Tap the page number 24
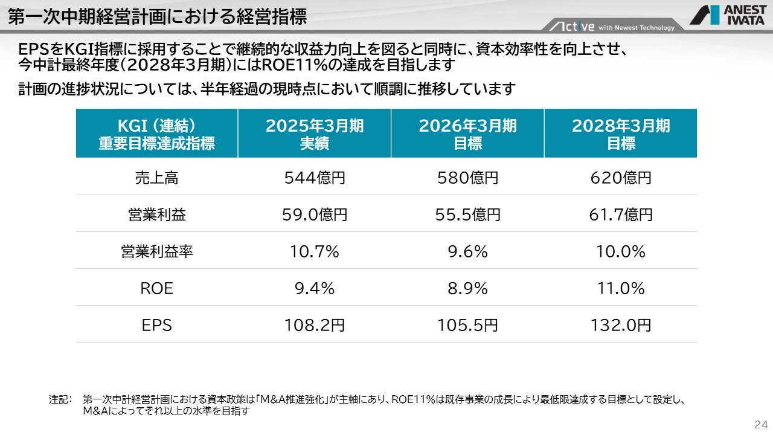(760, 423)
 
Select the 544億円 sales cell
(315, 178)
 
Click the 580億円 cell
(467, 178)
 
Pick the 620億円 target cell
(621, 178)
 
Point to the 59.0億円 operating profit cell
(315, 214)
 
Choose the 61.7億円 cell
(621, 214)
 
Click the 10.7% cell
(315, 251)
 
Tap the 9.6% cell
(467, 251)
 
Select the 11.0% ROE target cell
(621, 289)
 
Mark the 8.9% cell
(467, 289)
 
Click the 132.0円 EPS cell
(621, 326)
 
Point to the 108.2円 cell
(315, 326)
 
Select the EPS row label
(157, 326)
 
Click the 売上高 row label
(157, 178)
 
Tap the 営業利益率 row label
(157, 251)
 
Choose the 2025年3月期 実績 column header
(315, 134)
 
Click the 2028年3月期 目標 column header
(621, 134)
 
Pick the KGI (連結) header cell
(157, 134)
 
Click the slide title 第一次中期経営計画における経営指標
(157, 16)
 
